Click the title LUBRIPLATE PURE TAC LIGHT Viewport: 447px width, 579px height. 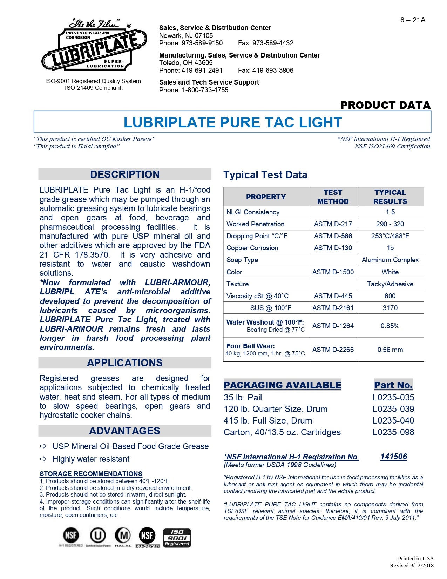click(232, 122)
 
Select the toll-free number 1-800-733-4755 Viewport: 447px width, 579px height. click(205, 90)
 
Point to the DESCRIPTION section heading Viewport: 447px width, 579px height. click(125, 174)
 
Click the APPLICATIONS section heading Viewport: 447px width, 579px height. click(125, 363)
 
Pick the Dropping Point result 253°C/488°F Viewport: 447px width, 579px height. click(390, 236)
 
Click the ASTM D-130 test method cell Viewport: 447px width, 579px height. click(333, 248)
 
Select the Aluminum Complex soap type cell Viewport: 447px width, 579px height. click(390, 260)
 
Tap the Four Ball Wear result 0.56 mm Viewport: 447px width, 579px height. click(390, 350)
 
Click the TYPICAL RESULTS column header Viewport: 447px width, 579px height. click(390, 197)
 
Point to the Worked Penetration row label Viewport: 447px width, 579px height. click(255, 224)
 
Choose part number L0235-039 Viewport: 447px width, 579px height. click(393, 409)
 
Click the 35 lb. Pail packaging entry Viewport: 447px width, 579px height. click(243, 397)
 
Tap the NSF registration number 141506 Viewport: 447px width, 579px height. click(393, 457)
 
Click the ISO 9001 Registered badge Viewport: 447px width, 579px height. click(177, 538)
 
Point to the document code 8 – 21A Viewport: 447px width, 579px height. click(413, 20)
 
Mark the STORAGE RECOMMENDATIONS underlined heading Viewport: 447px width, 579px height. click(91, 474)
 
